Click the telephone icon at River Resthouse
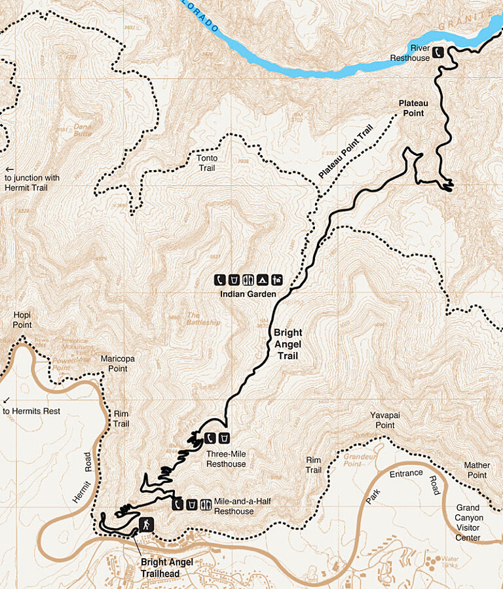[x=439, y=51]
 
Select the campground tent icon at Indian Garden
[x=263, y=280]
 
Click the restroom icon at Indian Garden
[x=249, y=280]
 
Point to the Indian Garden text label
[x=248, y=294]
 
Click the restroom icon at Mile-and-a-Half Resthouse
[x=206, y=504]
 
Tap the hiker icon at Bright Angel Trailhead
[x=145, y=525]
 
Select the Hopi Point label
[x=22, y=320]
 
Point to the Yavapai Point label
[x=382, y=420]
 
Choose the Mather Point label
[x=477, y=470]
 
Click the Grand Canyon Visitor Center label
[x=468, y=522]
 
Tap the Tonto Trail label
[x=208, y=162]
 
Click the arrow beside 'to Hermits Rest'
[x=7, y=400]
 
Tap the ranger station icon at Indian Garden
[x=277, y=280]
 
